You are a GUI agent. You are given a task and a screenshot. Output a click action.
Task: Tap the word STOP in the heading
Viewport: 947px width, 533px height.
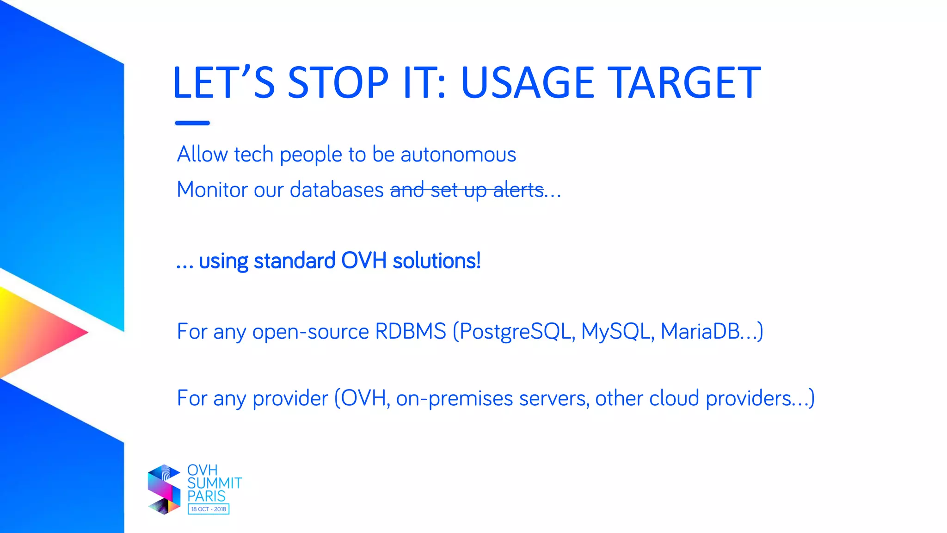[x=338, y=83]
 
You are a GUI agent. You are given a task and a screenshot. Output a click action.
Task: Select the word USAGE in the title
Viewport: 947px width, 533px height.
[x=527, y=83]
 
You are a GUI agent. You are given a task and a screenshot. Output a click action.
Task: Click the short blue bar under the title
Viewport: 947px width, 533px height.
[x=192, y=123]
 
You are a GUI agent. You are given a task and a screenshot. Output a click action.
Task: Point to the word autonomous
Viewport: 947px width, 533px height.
[x=458, y=155]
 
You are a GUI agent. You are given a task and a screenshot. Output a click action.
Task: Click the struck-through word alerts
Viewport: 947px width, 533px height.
[x=518, y=190]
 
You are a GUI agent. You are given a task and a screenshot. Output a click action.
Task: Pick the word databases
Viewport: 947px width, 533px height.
[x=337, y=190]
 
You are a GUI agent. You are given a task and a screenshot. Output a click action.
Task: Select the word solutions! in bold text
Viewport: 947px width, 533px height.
[x=437, y=260]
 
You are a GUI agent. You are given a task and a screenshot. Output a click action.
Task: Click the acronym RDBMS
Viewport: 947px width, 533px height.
[x=410, y=331]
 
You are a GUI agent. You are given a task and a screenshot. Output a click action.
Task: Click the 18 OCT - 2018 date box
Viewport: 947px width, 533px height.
[x=209, y=509]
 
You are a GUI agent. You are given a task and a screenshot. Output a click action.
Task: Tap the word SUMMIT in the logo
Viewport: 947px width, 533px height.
[x=214, y=483]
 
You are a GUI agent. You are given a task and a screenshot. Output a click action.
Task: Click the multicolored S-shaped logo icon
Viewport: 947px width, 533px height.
[x=164, y=490]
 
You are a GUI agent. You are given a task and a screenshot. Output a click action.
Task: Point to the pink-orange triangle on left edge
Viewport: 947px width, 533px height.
[x=37, y=332]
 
